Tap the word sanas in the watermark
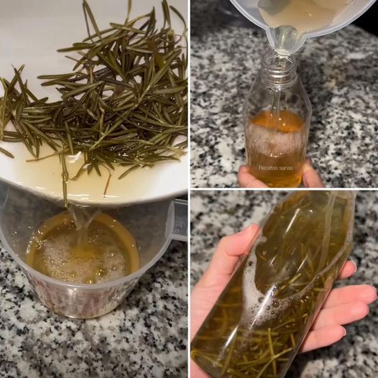pyautogui.click(x=287, y=168)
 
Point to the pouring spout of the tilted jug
pyautogui.click(x=286, y=41)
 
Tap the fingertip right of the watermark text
pyautogui.click(x=310, y=174)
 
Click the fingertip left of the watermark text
pyautogui.click(x=244, y=176)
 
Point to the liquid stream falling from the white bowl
pyautogui.click(x=78, y=216)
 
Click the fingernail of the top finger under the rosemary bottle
pyautogui.click(x=353, y=266)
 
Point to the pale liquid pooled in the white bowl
pyautogui.click(x=73, y=178)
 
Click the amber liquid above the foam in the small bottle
pyautogui.click(x=277, y=118)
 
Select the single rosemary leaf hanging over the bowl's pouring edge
pyautogui.click(x=65, y=179)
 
